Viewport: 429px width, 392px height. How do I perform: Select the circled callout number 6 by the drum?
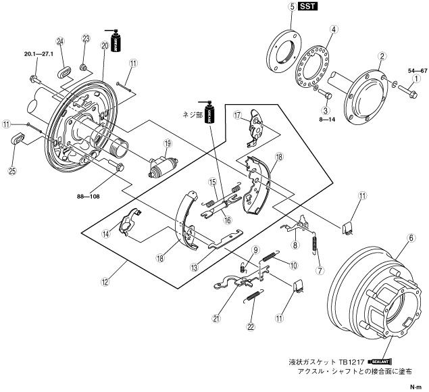coord(410,238)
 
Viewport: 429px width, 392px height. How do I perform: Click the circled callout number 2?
coord(382,55)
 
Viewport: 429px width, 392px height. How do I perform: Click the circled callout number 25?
coord(12,171)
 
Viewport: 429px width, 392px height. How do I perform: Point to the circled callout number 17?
coord(237,116)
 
